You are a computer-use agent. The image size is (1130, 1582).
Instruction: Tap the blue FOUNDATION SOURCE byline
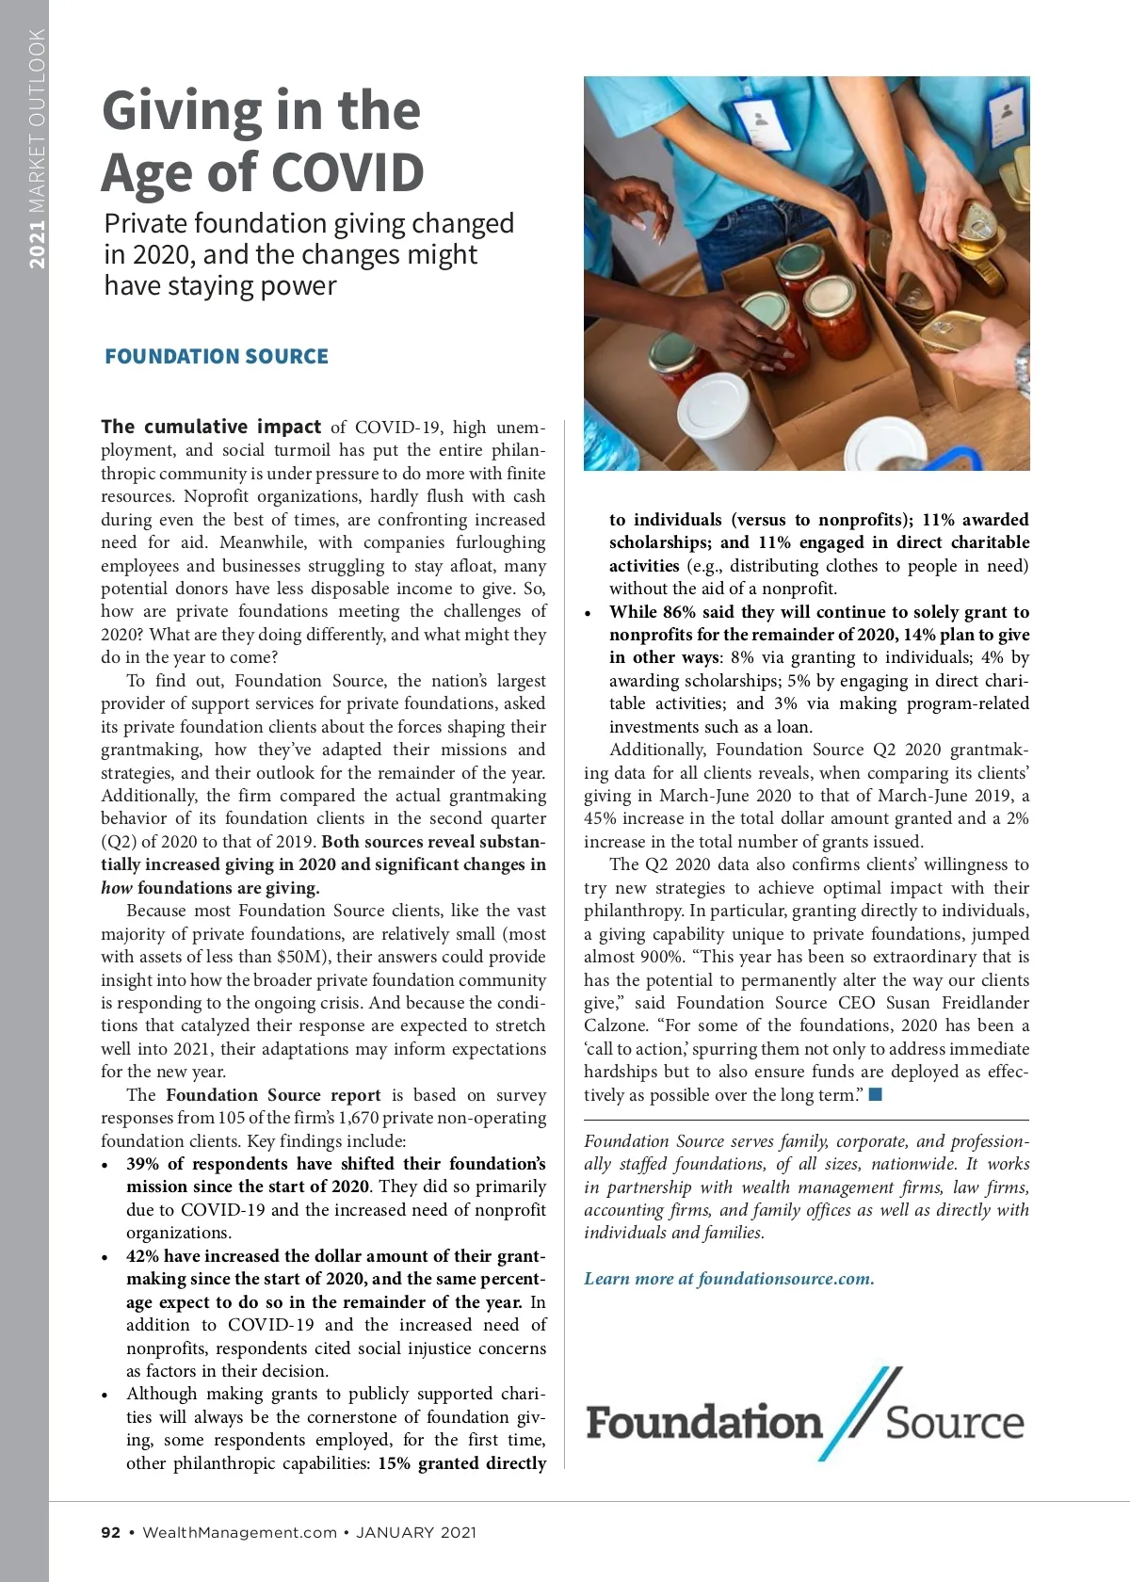[x=217, y=356]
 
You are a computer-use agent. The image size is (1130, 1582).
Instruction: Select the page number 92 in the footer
[x=111, y=1532]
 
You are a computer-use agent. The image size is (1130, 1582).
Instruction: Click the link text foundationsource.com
[x=785, y=1278]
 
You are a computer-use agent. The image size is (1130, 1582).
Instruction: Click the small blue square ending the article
[x=876, y=1094]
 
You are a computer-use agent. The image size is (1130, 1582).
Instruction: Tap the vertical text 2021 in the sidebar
[x=37, y=244]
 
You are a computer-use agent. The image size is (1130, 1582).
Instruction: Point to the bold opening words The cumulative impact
[x=211, y=427]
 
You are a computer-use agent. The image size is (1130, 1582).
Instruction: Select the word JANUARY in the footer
[x=395, y=1532]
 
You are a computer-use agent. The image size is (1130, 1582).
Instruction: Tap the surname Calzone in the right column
[x=617, y=1025]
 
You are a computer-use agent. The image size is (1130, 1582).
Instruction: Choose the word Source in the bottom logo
[x=954, y=1423]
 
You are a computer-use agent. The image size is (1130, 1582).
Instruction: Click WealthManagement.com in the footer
[x=239, y=1532]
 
